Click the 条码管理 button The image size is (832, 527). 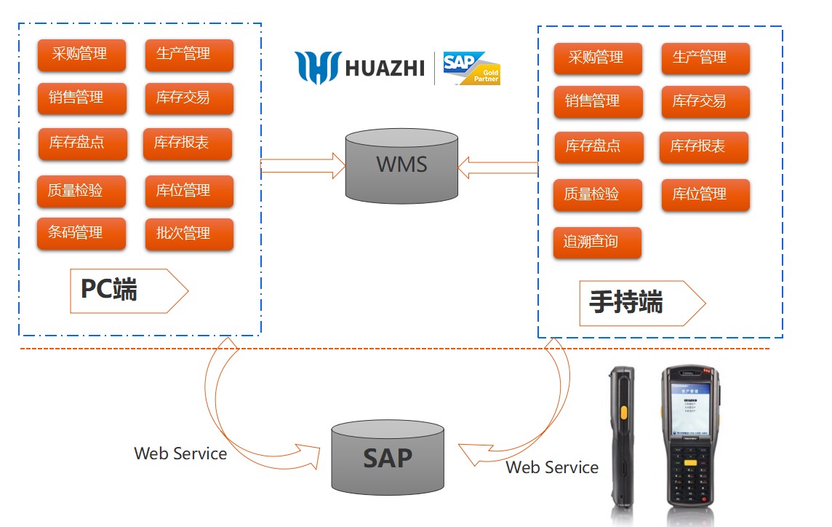coord(81,234)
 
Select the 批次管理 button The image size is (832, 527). coord(189,234)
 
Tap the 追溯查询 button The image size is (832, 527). coord(597,242)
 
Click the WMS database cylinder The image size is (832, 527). coord(401,165)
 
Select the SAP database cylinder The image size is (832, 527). coord(388,457)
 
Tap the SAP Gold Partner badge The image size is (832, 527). coord(471,68)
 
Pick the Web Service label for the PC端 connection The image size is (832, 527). coord(180,453)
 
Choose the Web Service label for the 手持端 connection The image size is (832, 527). coord(552,467)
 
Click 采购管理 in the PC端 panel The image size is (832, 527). coord(81,55)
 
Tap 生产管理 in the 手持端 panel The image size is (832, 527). coord(705,58)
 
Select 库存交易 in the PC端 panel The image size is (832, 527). coord(189,98)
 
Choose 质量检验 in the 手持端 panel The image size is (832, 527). coord(597,194)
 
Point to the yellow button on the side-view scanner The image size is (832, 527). coord(623,412)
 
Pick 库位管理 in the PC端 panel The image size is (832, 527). coord(189,191)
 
